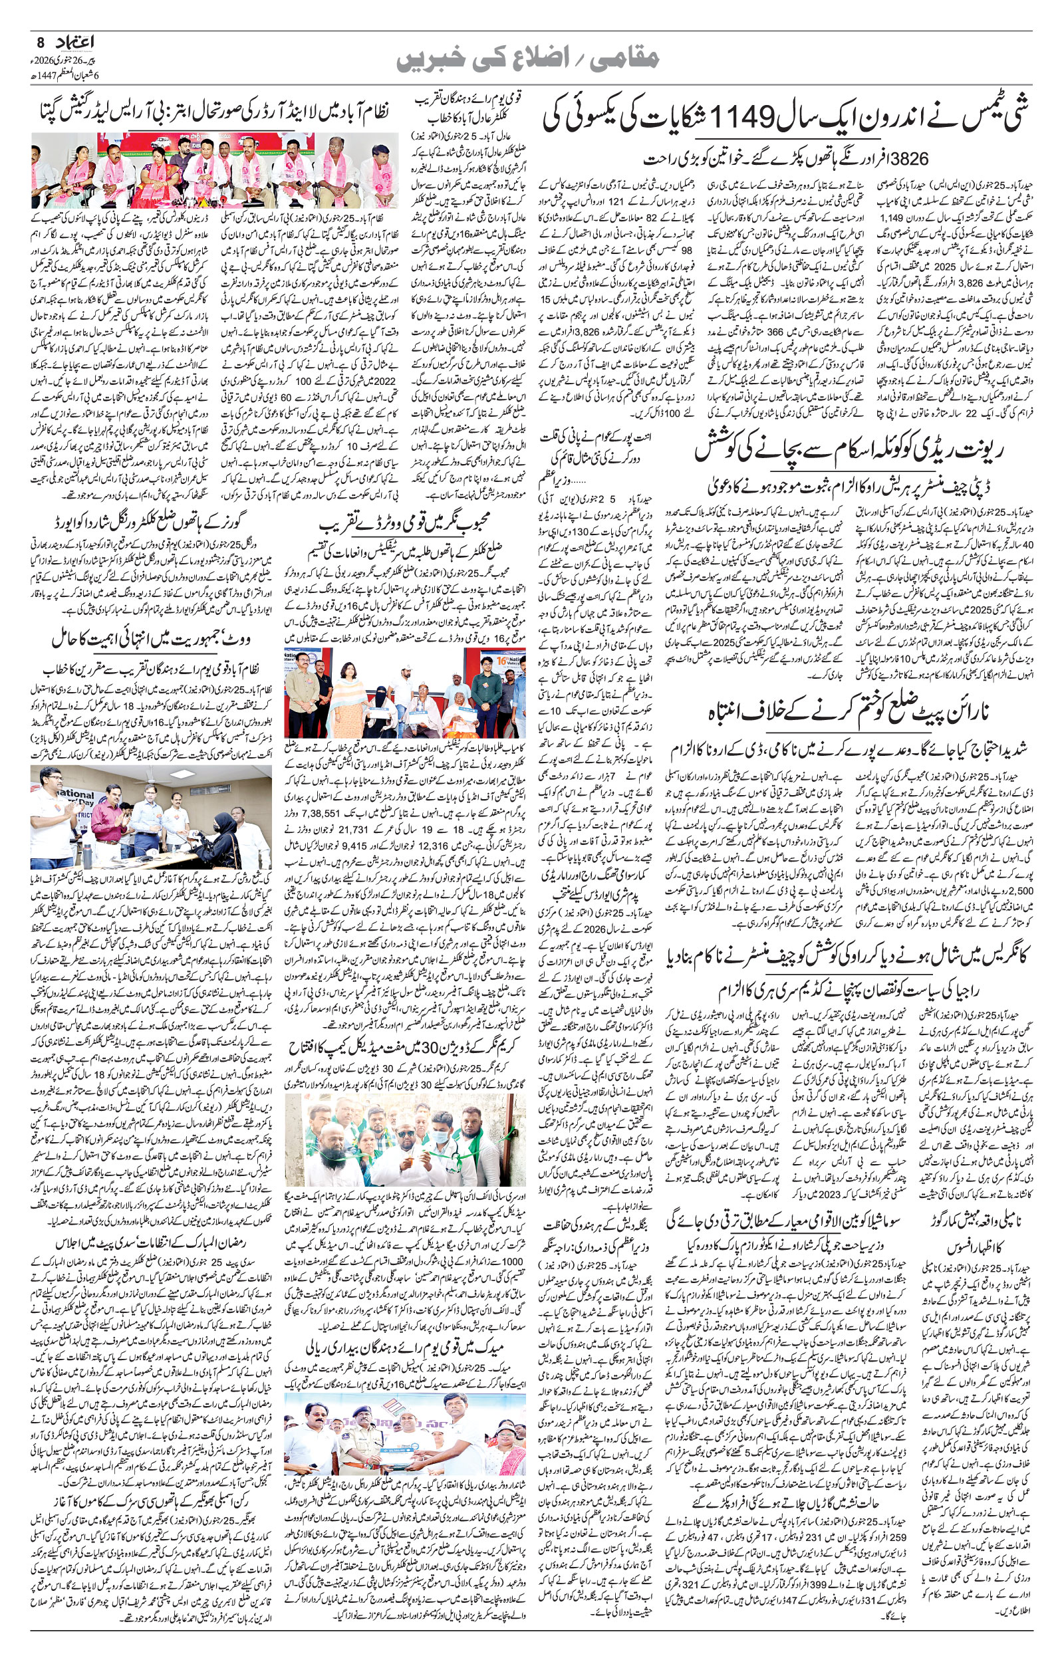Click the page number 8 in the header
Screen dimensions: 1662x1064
click(x=39, y=41)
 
